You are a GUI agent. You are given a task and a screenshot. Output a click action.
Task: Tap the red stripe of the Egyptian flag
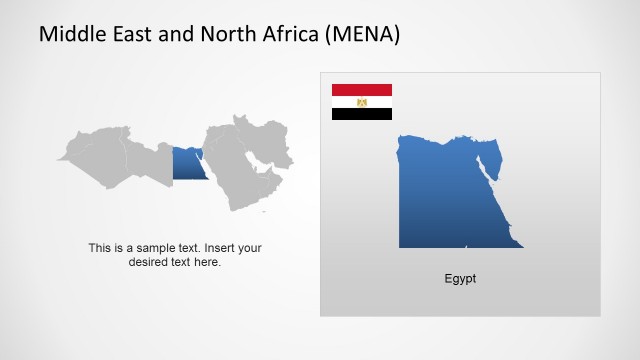(362, 90)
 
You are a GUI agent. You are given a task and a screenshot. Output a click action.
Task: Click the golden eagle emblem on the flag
(362, 102)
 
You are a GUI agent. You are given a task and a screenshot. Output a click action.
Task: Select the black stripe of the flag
(362, 114)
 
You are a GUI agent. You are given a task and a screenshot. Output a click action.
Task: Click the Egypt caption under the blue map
(460, 279)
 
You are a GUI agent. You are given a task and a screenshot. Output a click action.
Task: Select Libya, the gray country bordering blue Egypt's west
(150, 160)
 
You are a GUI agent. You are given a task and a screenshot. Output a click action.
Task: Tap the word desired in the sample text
(150, 262)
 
